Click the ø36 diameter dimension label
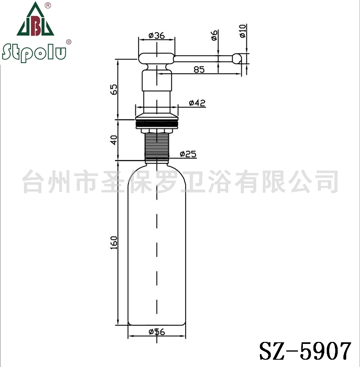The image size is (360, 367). click(157, 36)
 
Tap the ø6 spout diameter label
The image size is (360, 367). click(214, 35)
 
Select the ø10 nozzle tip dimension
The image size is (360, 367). click(243, 31)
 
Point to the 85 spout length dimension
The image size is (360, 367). click(199, 70)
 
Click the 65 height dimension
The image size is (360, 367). click(114, 89)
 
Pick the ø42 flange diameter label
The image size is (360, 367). click(197, 103)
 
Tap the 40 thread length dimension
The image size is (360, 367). click(114, 140)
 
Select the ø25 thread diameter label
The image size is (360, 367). click(188, 154)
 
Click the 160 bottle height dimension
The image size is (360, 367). click(114, 243)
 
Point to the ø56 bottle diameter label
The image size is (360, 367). click(157, 332)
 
